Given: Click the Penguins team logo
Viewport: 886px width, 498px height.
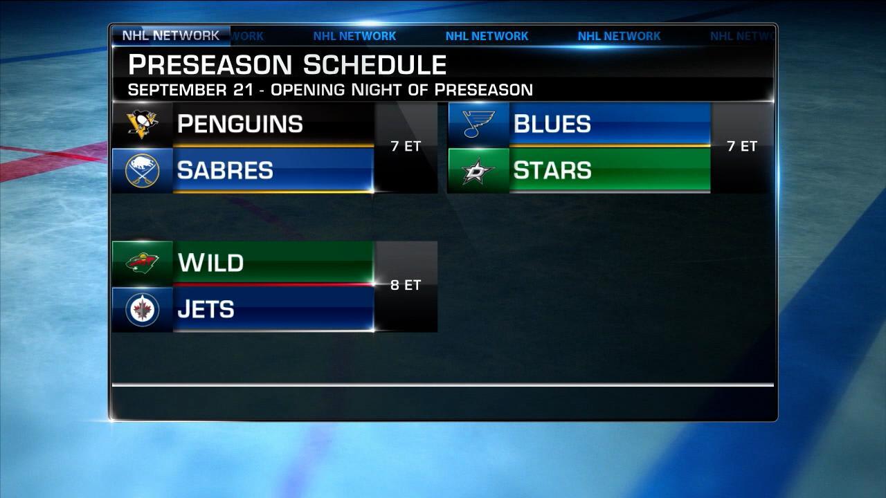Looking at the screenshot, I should tap(143, 124).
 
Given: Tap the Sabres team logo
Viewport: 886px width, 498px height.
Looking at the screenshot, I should tap(143, 170).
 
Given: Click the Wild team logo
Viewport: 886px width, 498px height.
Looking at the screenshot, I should tap(143, 263).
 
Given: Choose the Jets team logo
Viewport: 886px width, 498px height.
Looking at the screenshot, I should tap(143, 309).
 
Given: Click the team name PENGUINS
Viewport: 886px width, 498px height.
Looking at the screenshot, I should tap(239, 124).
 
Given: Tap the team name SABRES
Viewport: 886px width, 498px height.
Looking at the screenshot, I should tap(225, 171).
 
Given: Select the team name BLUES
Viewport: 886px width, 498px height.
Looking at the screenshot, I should tap(552, 124).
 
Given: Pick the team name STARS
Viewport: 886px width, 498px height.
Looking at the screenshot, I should tap(552, 171).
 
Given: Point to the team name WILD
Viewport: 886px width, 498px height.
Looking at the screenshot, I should tap(210, 264).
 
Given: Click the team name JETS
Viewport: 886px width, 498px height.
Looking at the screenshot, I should tap(206, 310).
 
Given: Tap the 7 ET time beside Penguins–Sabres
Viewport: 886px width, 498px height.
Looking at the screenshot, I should tap(405, 147).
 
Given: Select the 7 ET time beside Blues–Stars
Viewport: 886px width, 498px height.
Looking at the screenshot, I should tap(742, 147).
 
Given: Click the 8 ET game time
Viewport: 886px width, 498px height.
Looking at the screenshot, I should tap(405, 285).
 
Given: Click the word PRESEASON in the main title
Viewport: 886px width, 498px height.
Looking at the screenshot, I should tap(210, 65).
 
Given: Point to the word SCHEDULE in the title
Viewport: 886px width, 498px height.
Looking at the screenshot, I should tap(374, 65).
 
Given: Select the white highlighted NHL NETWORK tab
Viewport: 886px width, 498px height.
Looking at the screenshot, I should tap(170, 35).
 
